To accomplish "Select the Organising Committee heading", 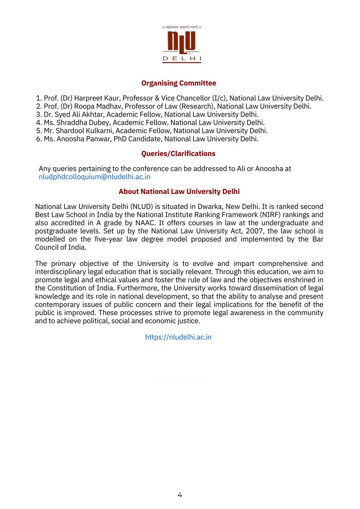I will coord(179,83).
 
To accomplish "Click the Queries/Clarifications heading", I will coord(179,154).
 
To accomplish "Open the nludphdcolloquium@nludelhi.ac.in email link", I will coord(95,177).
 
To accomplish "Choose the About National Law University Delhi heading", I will coord(179,192).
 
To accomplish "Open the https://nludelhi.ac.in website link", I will coord(178,337).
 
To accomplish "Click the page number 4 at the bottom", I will coord(180,495).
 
